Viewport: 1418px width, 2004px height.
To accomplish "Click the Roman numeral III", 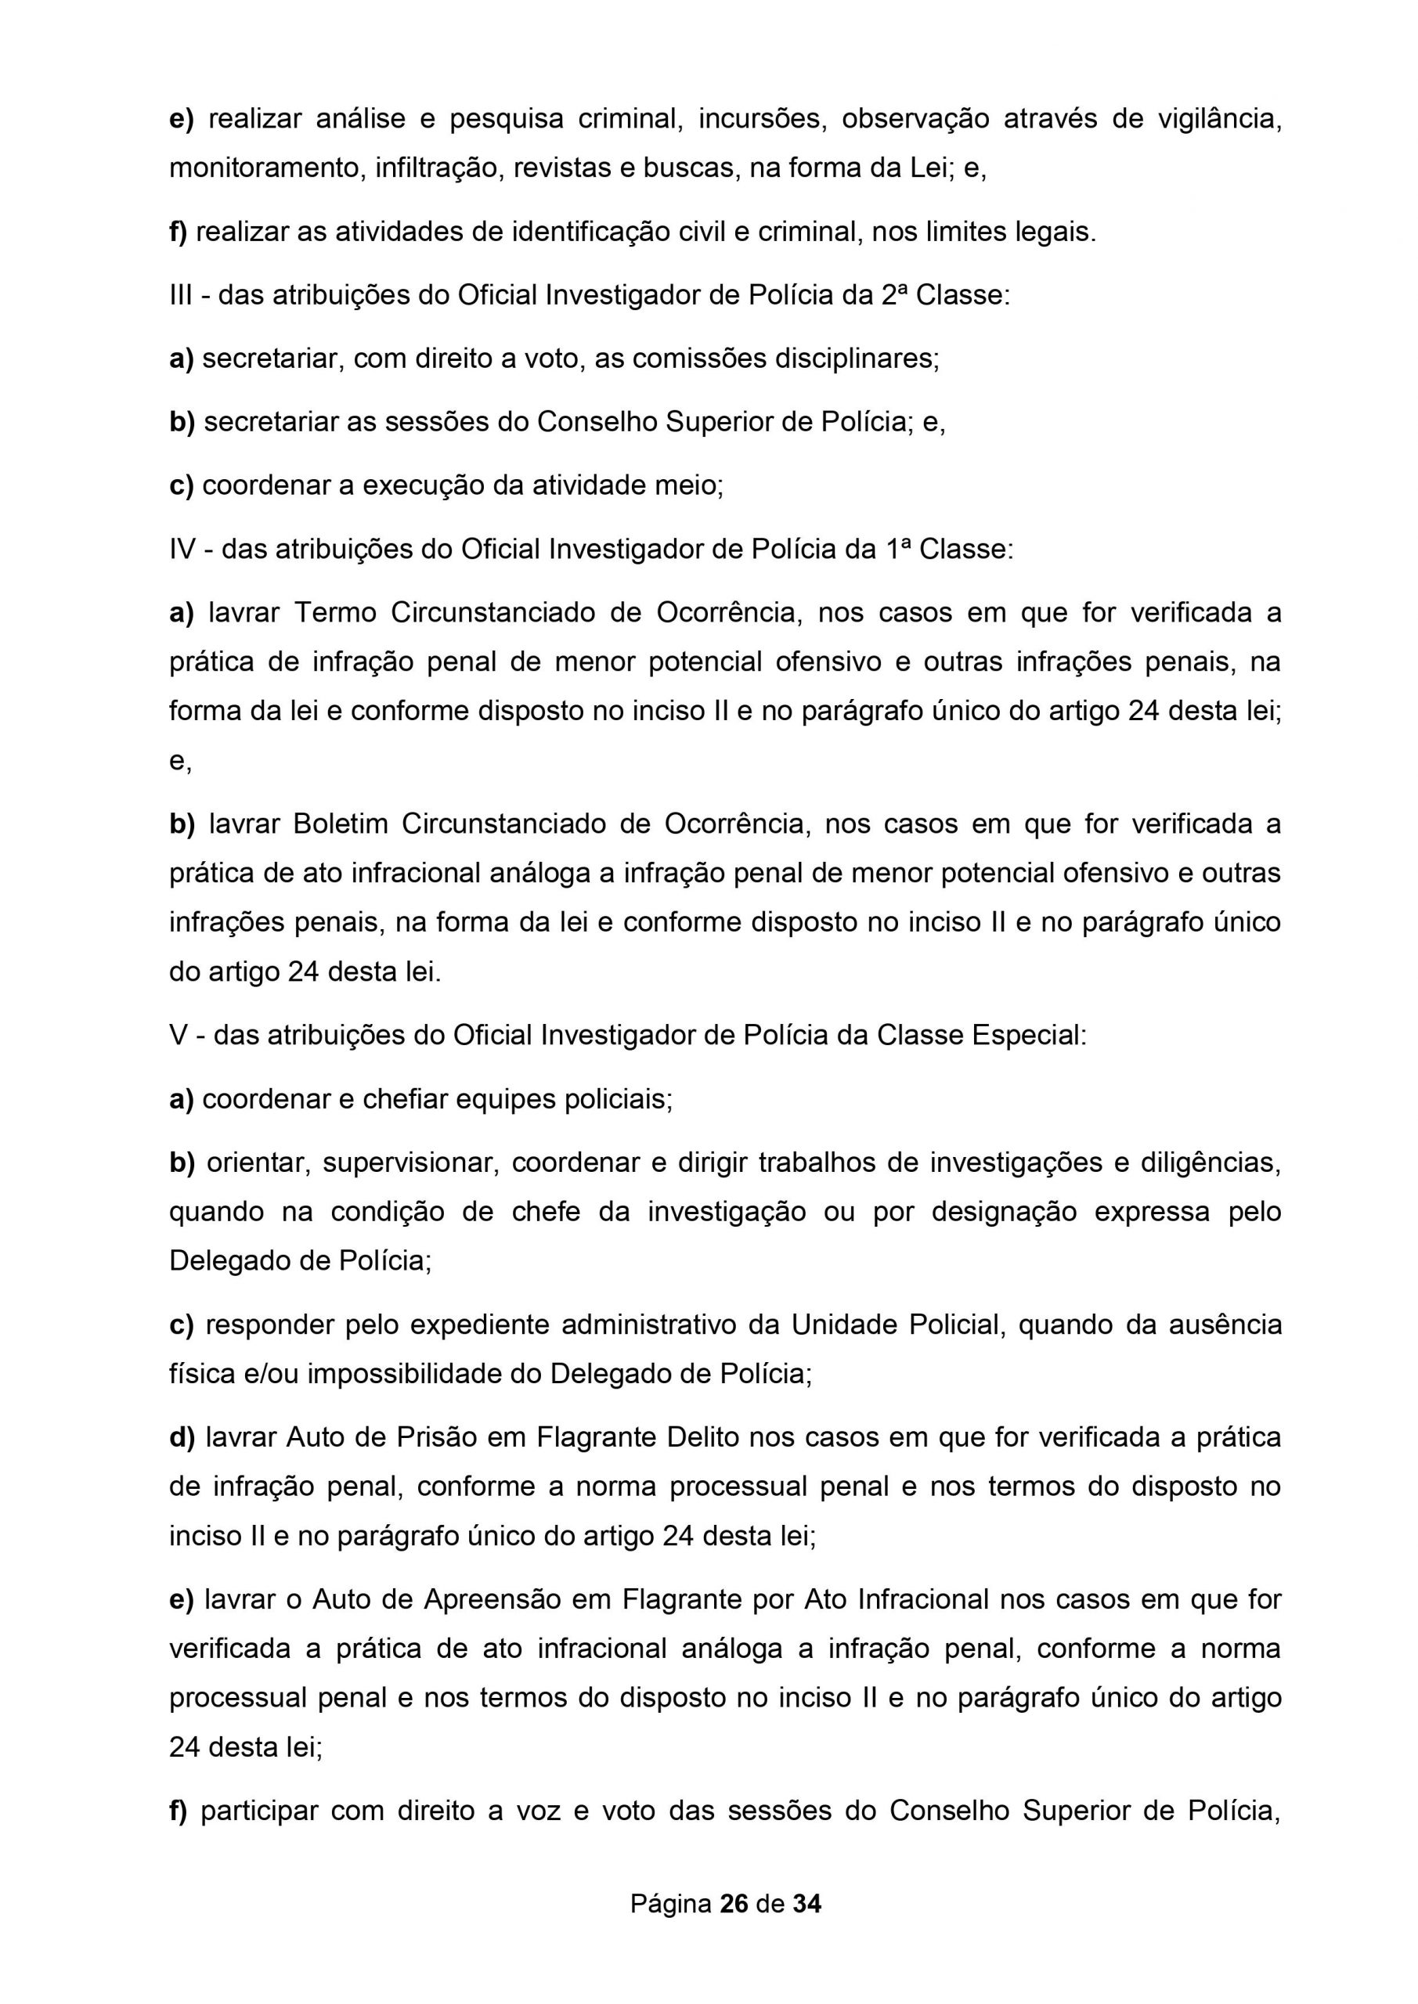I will pos(181,296).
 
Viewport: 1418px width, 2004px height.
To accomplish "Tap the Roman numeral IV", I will pos(182,550).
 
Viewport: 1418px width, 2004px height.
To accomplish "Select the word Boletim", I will pos(341,824).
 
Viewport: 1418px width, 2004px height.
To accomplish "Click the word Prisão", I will pos(435,1437).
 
